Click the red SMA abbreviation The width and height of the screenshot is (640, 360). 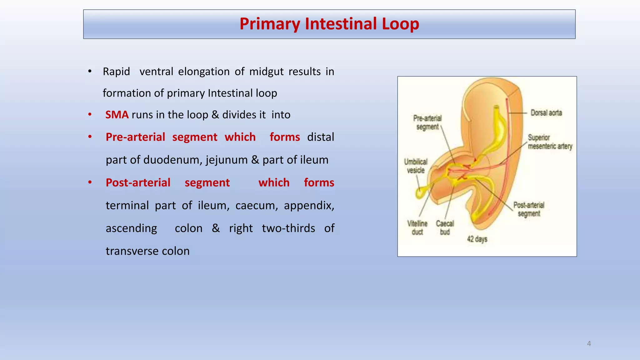[x=117, y=115]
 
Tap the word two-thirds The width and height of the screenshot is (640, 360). [x=288, y=228]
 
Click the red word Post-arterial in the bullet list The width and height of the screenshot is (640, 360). [x=138, y=183]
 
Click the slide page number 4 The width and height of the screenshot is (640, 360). [x=589, y=344]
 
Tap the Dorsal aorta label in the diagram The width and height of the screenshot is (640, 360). [x=546, y=113]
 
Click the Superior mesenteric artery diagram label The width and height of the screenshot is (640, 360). [x=550, y=142]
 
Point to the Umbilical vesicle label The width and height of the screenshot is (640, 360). [x=416, y=166]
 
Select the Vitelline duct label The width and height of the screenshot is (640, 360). [x=417, y=228]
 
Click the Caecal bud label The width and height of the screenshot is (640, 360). [x=445, y=228]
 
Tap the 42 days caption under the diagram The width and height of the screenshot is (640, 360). [x=477, y=239]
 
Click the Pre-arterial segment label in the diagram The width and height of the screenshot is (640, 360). [x=427, y=122]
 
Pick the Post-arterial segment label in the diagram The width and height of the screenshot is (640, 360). [x=529, y=209]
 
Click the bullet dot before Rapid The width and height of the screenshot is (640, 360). [x=90, y=72]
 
